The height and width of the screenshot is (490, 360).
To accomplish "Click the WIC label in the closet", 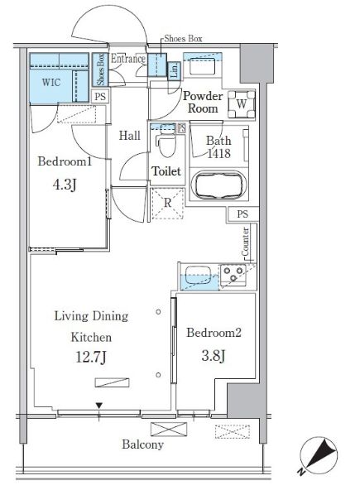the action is click(x=51, y=83).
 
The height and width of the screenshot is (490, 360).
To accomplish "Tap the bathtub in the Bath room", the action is click(x=218, y=185).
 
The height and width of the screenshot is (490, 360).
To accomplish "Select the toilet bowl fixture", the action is click(x=166, y=143).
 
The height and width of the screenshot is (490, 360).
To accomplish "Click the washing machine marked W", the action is click(x=242, y=104).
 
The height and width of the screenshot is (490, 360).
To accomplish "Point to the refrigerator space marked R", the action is click(x=167, y=203).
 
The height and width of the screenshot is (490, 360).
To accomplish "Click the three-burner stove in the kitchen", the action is click(x=233, y=275).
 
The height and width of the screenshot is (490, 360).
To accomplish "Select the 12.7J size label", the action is click(x=91, y=357).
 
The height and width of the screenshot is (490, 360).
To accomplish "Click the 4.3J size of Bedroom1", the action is click(x=65, y=185).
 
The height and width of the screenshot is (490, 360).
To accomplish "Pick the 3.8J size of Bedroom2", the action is click(x=214, y=355).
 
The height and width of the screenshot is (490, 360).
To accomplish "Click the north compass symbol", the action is click(x=319, y=454).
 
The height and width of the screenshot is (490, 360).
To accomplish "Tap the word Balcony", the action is click(x=142, y=444).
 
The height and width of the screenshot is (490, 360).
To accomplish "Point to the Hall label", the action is click(x=130, y=136).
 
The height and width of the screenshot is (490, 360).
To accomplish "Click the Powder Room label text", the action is click(x=203, y=102).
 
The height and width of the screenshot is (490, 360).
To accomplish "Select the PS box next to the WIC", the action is click(x=100, y=97).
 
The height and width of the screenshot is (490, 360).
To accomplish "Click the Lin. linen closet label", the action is click(x=175, y=70).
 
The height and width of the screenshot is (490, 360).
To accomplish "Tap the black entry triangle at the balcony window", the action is click(x=99, y=406).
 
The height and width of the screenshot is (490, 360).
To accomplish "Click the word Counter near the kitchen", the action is click(x=246, y=242).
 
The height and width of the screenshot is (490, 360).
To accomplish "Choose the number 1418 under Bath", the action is click(x=219, y=153).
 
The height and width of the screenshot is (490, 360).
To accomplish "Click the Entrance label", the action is click(x=128, y=59).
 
